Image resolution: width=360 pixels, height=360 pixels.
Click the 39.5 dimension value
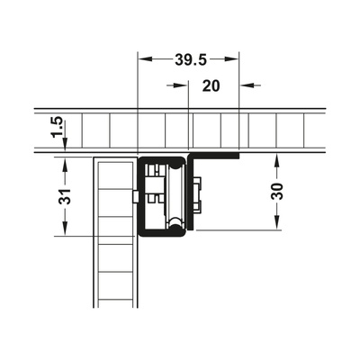pos(191,60)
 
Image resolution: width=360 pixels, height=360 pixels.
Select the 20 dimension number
pos(211,86)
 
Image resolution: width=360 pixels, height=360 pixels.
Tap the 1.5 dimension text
pos(57,128)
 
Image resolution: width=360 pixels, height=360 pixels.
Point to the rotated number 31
pos(65,196)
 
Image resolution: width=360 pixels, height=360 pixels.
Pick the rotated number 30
pos(276,192)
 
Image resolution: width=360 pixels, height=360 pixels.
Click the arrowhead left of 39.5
pos(145,59)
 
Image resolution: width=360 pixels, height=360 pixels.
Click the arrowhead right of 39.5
pos(231,59)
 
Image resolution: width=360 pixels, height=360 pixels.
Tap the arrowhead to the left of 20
pos(181,85)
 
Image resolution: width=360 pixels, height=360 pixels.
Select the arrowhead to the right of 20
pos(247,85)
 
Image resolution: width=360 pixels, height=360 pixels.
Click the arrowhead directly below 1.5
pos(66,145)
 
